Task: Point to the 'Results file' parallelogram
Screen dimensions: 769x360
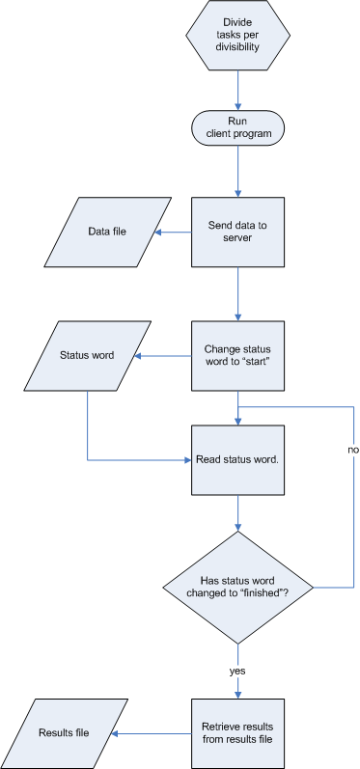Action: point(69,733)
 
